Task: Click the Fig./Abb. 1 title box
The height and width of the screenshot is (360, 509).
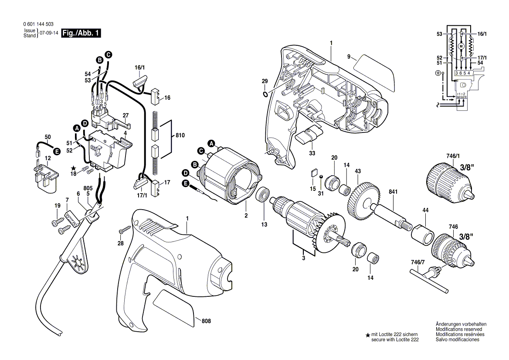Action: click(81, 33)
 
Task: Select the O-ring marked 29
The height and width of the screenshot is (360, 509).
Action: click(265, 94)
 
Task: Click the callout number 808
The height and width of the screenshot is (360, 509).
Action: click(206, 321)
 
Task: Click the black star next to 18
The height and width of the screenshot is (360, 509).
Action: click(74, 168)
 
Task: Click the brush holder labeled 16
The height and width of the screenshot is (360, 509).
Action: click(155, 98)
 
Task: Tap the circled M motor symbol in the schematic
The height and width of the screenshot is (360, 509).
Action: click(461, 46)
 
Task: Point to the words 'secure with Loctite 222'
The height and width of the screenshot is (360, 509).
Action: click(394, 340)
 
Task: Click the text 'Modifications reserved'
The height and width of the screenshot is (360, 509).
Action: click(458, 329)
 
